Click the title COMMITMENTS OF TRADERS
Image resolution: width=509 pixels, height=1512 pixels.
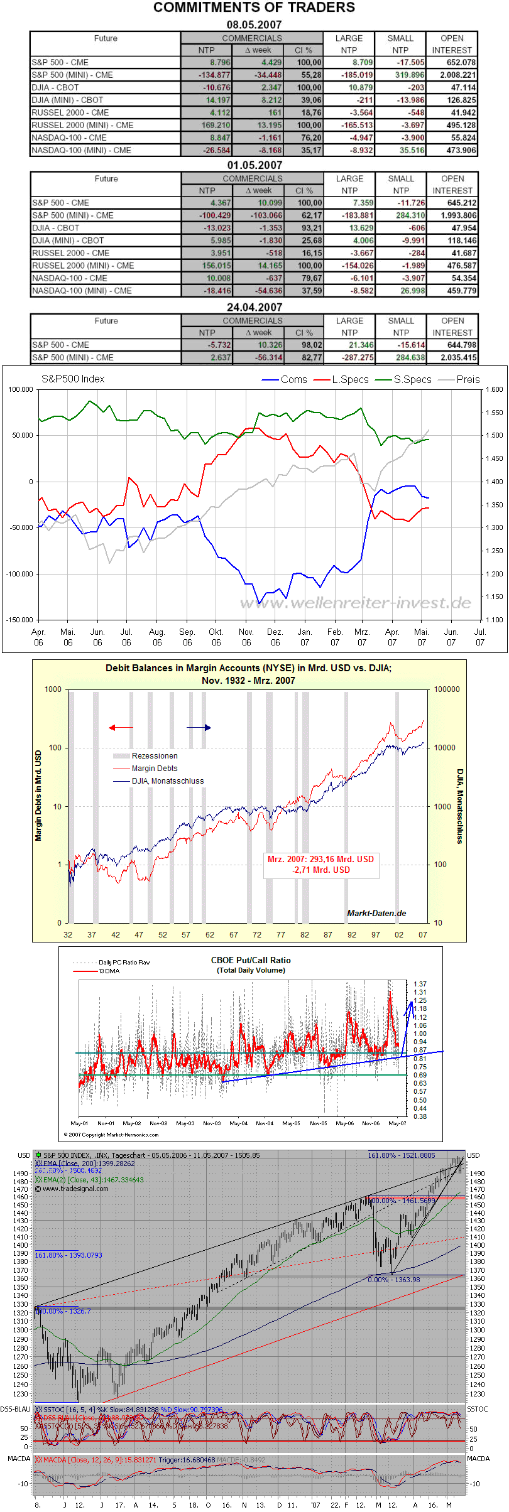(x=254, y=8)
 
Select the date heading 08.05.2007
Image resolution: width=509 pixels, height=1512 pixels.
(x=254, y=24)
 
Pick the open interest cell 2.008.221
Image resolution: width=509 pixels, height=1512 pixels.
(x=453, y=75)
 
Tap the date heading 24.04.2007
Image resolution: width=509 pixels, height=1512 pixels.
(x=254, y=307)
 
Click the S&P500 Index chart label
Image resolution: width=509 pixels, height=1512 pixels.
(x=73, y=379)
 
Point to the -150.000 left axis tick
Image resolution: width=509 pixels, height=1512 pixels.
(x=20, y=620)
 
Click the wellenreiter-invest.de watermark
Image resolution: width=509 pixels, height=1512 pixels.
(x=356, y=603)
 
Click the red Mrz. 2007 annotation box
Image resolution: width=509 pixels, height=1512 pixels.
(x=320, y=865)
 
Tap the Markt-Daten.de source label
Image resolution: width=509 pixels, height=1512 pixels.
(x=376, y=913)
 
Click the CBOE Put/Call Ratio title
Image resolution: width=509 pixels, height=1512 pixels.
(x=251, y=960)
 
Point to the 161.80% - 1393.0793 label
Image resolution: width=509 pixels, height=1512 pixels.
(x=68, y=1255)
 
